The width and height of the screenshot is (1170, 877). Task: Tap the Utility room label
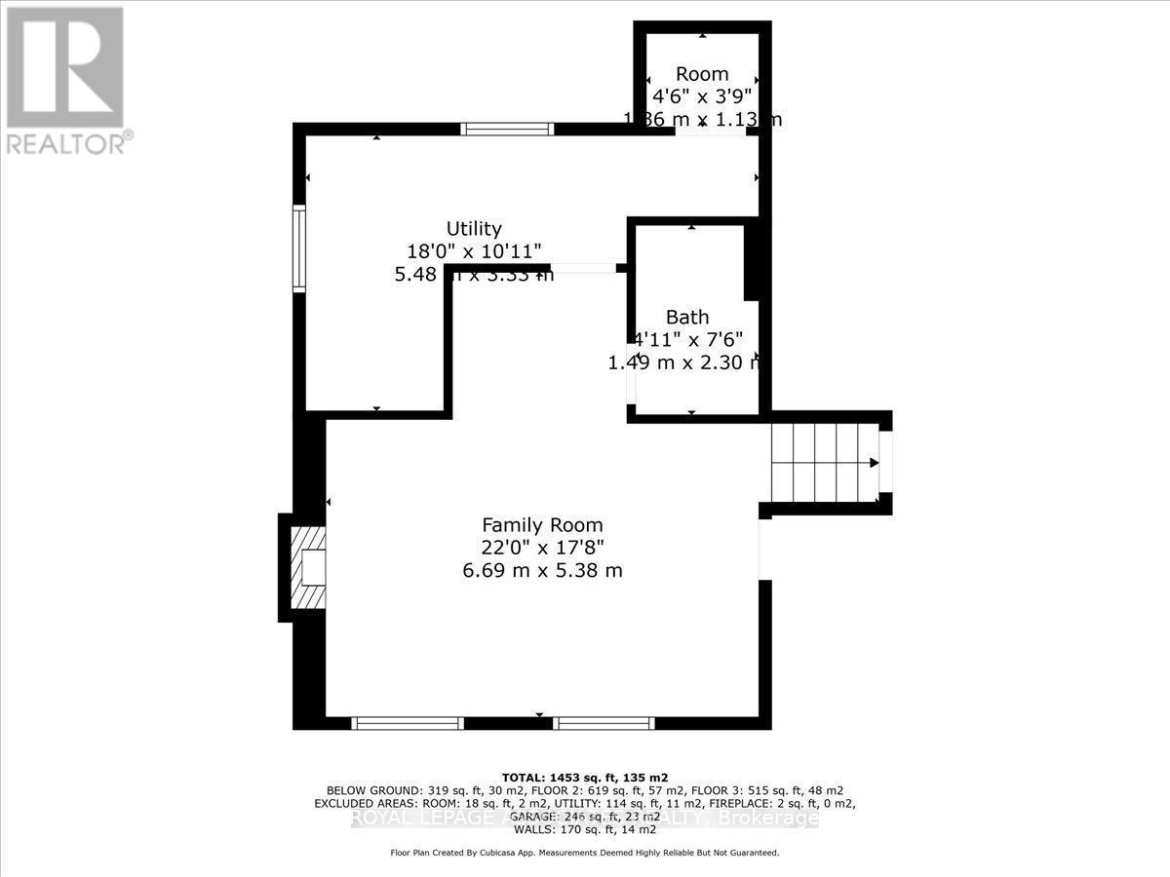[x=474, y=229]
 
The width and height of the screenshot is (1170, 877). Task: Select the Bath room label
[x=687, y=317]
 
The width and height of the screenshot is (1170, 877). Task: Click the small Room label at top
[x=702, y=74]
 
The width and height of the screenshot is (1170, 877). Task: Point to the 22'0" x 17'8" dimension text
[x=542, y=548]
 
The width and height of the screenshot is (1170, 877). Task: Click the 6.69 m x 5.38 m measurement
[x=542, y=570]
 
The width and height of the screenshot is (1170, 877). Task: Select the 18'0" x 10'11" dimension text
[x=474, y=251]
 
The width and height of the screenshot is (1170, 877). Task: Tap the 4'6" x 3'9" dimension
[x=702, y=96]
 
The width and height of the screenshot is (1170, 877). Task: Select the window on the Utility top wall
[x=507, y=128]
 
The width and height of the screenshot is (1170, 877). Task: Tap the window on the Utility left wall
[x=299, y=248]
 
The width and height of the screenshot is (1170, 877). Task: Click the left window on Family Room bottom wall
[x=407, y=723]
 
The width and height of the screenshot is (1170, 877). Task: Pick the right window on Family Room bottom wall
[x=603, y=723]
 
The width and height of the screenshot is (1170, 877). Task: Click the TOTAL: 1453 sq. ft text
[x=585, y=777]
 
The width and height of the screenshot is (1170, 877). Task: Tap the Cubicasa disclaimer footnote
[x=585, y=853]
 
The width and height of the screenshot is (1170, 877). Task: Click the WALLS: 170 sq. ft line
[x=585, y=831]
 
